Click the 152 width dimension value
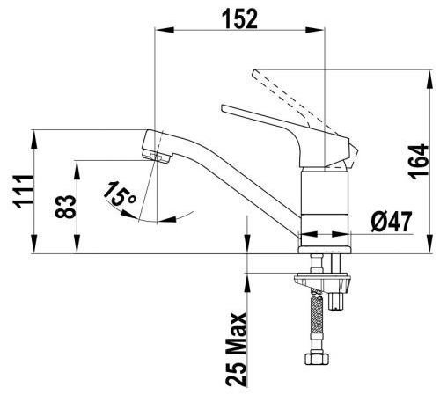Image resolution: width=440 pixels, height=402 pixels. [241, 18]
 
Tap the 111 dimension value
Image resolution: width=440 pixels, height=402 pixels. [23, 191]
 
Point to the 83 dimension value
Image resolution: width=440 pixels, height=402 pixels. [65, 207]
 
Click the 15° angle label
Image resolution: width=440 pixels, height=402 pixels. [119, 194]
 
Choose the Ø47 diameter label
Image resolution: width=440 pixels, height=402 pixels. [392, 222]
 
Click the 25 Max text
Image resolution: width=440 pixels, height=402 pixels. [236, 349]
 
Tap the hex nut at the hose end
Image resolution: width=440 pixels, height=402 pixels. [317, 359]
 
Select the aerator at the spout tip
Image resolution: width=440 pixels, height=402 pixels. [156, 155]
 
